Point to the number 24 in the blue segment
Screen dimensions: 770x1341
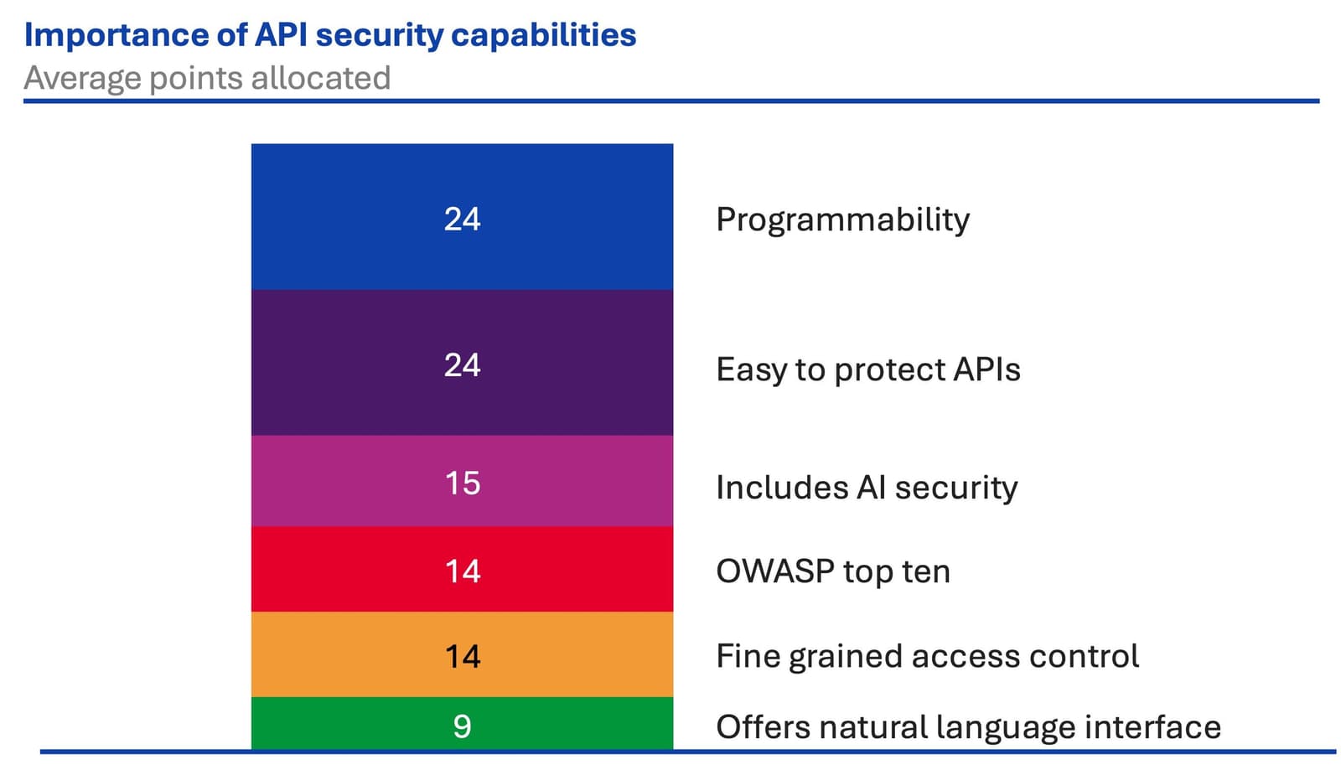tap(462, 219)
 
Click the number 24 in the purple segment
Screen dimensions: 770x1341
tap(462, 364)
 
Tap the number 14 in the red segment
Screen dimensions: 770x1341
tap(462, 571)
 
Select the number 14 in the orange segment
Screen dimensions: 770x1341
tap(462, 656)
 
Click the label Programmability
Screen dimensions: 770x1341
tap(842, 220)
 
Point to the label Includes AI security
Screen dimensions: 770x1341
tap(867, 487)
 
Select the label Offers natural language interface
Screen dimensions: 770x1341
tap(968, 726)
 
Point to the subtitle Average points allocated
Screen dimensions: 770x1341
tap(207, 78)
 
